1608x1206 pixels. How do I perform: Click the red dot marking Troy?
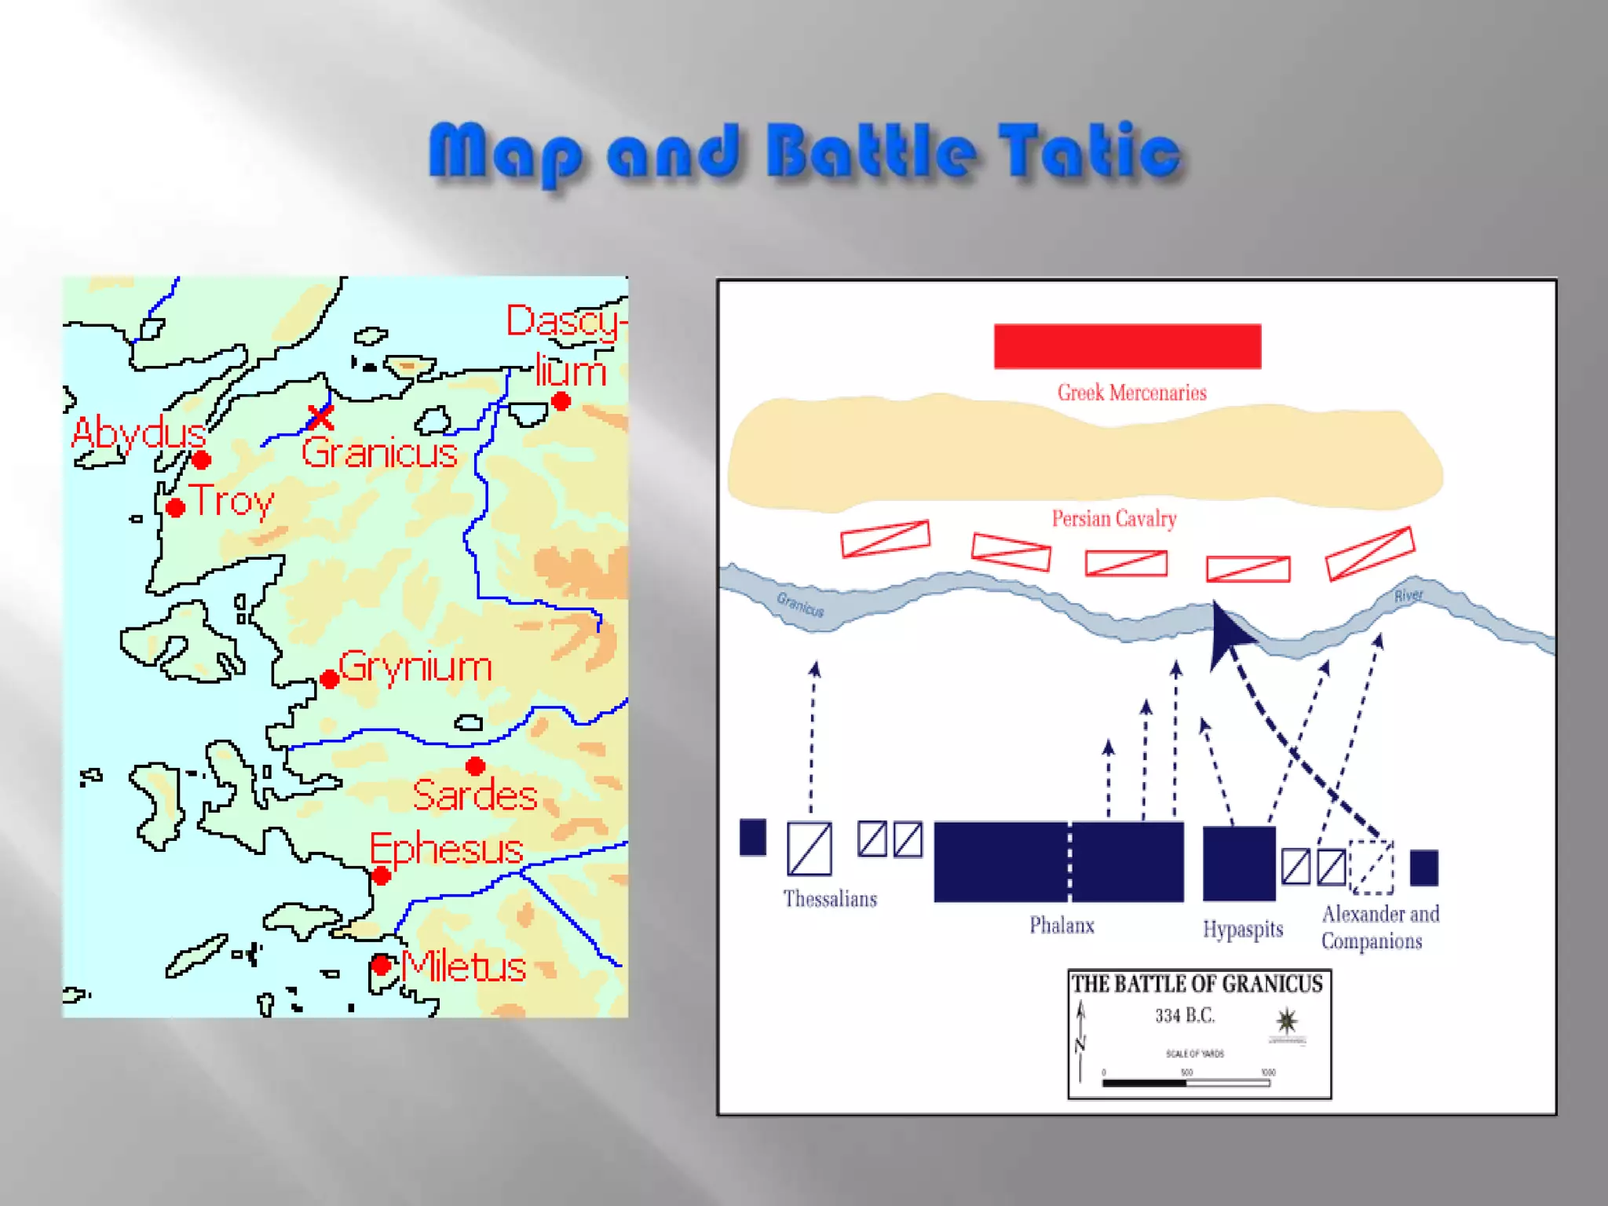[x=176, y=508]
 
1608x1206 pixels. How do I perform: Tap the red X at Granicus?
[x=320, y=417]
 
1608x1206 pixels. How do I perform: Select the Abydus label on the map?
[x=138, y=433]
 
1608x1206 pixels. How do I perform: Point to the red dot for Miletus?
[x=382, y=965]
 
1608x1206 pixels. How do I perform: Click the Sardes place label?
[x=475, y=795]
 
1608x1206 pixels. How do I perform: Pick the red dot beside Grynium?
[x=330, y=679]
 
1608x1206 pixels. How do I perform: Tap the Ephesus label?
[x=446, y=849]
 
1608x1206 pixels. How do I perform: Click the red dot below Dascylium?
[x=561, y=402]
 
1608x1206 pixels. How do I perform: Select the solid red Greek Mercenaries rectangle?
[x=1127, y=346]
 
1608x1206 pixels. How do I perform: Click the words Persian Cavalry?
[x=1114, y=519]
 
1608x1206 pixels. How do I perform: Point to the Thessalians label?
[x=830, y=899]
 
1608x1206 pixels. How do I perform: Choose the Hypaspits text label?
[x=1243, y=930]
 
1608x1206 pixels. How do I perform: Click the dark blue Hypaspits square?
[x=1239, y=863]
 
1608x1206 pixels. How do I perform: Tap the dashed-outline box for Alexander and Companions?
[x=1371, y=868]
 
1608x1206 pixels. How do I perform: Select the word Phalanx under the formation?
[x=1062, y=926]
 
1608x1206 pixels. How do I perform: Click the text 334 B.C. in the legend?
[x=1185, y=1016]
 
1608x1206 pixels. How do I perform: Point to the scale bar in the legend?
[x=1186, y=1084]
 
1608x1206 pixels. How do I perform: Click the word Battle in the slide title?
[x=872, y=152]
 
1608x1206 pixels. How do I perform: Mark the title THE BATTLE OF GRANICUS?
[x=1197, y=985]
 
